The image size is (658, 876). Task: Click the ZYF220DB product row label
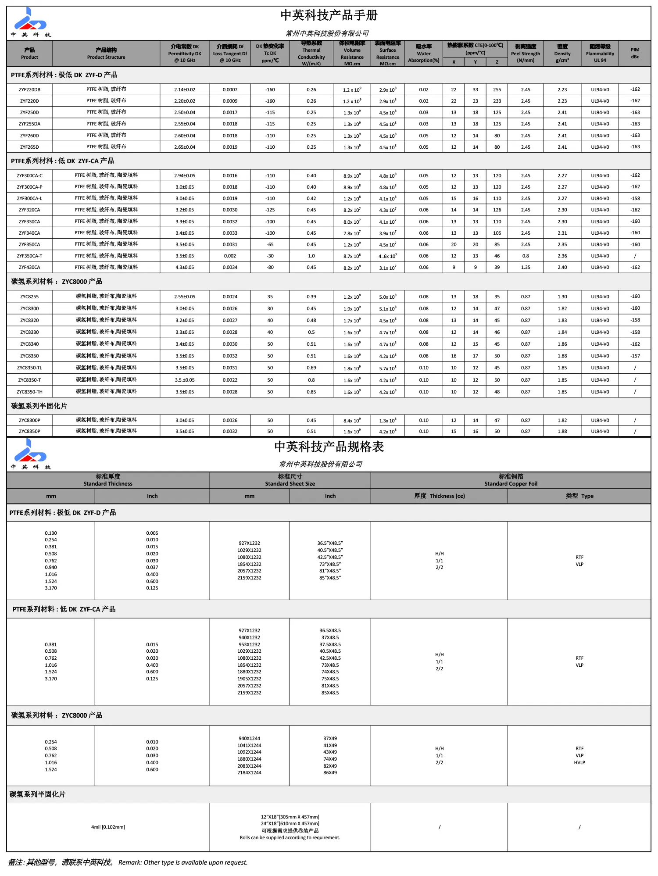click(x=29, y=89)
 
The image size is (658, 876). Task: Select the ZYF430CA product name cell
click(x=29, y=267)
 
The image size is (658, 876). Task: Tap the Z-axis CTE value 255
click(x=497, y=89)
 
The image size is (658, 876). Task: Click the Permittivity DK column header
click(x=185, y=53)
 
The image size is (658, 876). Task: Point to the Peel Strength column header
click(x=525, y=53)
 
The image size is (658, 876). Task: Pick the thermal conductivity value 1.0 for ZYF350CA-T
click(x=311, y=256)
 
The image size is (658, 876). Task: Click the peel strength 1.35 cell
click(x=525, y=267)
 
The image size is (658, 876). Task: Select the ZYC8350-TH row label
click(x=29, y=392)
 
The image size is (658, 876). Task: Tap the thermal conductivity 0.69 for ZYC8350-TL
click(x=311, y=368)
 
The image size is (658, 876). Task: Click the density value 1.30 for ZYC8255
click(x=562, y=297)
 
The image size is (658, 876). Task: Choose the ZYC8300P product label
click(x=29, y=420)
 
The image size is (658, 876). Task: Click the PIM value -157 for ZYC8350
click(x=635, y=356)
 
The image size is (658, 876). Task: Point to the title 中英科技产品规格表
click(x=329, y=447)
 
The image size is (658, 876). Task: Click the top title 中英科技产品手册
click(x=329, y=15)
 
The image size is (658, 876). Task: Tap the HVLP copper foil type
click(x=579, y=762)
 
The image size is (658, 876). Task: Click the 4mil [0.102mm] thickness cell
click(x=108, y=827)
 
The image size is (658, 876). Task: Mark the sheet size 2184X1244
click(x=249, y=772)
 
